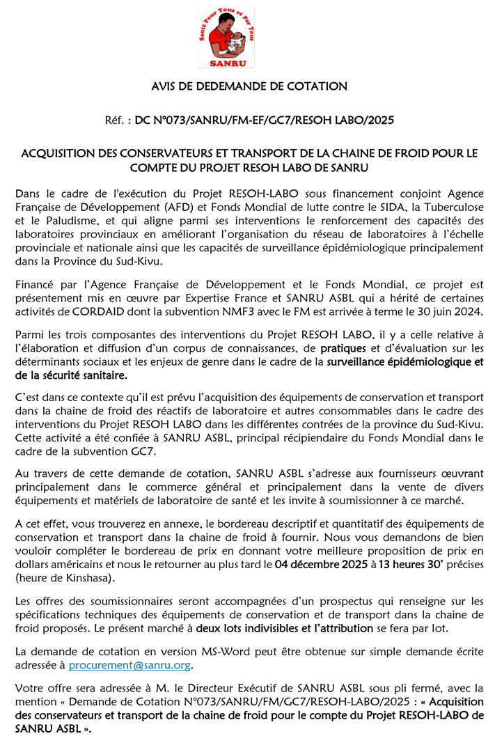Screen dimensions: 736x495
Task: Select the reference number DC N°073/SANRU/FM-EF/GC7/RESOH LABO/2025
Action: tap(264, 120)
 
